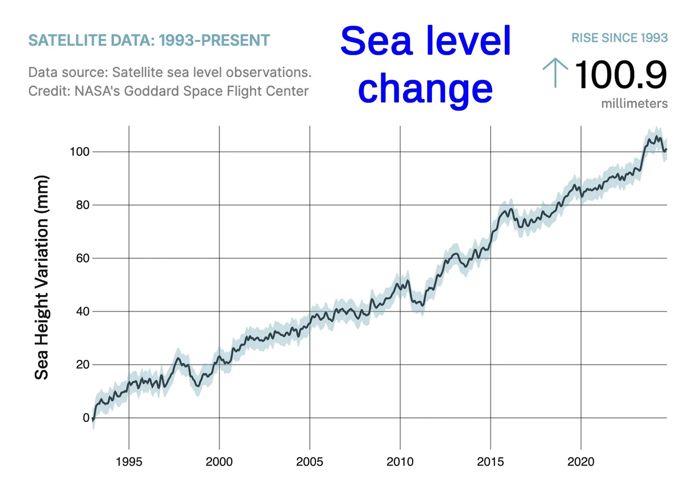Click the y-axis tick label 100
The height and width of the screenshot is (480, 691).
pyautogui.click(x=79, y=152)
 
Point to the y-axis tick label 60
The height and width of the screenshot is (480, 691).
pyautogui.click(x=82, y=258)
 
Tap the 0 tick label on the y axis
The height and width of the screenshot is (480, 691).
pyautogui.click(x=86, y=418)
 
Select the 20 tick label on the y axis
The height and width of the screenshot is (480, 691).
pyautogui.click(x=82, y=365)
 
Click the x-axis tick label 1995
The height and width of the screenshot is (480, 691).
pyautogui.click(x=129, y=462)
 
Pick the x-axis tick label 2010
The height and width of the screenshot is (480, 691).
pyautogui.click(x=400, y=462)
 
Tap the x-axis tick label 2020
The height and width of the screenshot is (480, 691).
pyautogui.click(x=581, y=462)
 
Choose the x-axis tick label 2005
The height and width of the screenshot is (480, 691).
pyautogui.click(x=310, y=462)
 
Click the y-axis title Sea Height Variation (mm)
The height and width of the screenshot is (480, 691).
pyautogui.click(x=41, y=277)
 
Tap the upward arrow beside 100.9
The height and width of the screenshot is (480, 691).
pyautogui.click(x=555, y=73)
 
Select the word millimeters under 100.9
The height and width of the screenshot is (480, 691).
pyautogui.click(x=634, y=104)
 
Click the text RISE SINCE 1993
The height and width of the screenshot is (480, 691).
pyautogui.click(x=619, y=38)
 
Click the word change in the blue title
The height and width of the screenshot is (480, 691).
pyautogui.click(x=425, y=89)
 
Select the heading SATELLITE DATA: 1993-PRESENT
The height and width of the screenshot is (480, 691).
pyautogui.click(x=149, y=41)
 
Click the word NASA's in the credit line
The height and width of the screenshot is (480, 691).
pyautogui.click(x=97, y=91)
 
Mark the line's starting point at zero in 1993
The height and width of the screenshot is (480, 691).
pyautogui.click(x=93, y=419)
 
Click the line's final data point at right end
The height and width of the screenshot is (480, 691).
pyautogui.click(x=666, y=150)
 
